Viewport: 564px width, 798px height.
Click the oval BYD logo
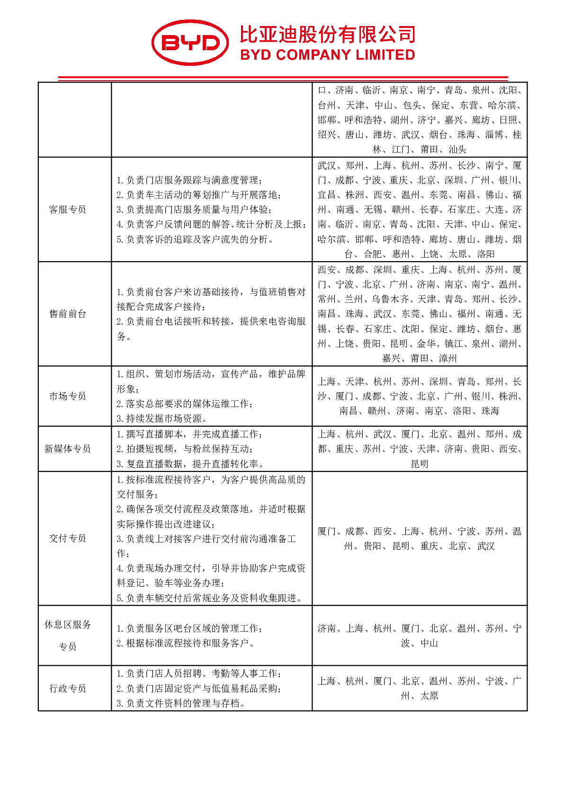point(190,43)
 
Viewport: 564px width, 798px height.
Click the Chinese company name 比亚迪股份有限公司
point(327,35)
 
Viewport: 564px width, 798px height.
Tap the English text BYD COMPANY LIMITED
point(327,55)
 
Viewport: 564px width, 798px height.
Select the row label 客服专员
point(68,209)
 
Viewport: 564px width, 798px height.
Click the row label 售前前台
point(68,314)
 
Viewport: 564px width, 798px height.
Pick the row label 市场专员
point(68,396)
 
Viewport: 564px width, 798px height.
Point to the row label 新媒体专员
point(68,449)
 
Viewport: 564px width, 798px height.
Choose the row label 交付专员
point(68,538)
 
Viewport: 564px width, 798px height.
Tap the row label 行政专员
point(68,689)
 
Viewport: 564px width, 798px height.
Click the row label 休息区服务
point(68,625)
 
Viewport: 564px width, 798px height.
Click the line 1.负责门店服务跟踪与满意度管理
point(189,180)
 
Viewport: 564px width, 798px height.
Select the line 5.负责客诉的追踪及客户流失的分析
point(195,239)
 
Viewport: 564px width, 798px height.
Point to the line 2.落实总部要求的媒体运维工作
point(185,404)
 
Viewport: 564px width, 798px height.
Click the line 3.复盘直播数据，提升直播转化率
point(190,464)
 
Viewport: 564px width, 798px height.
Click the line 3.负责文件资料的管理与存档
point(181,703)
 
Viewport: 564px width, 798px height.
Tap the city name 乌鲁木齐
point(390,299)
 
